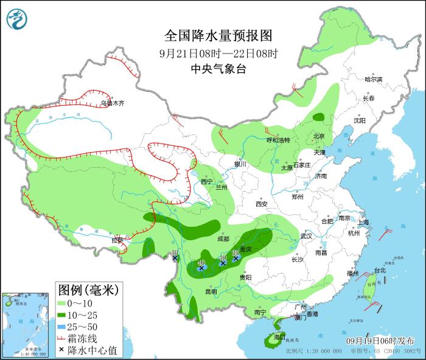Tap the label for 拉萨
click(117, 241)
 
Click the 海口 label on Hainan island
click(279, 336)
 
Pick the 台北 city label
click(379, 270)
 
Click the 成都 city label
click(223, 239)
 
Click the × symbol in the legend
click(63, 350)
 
